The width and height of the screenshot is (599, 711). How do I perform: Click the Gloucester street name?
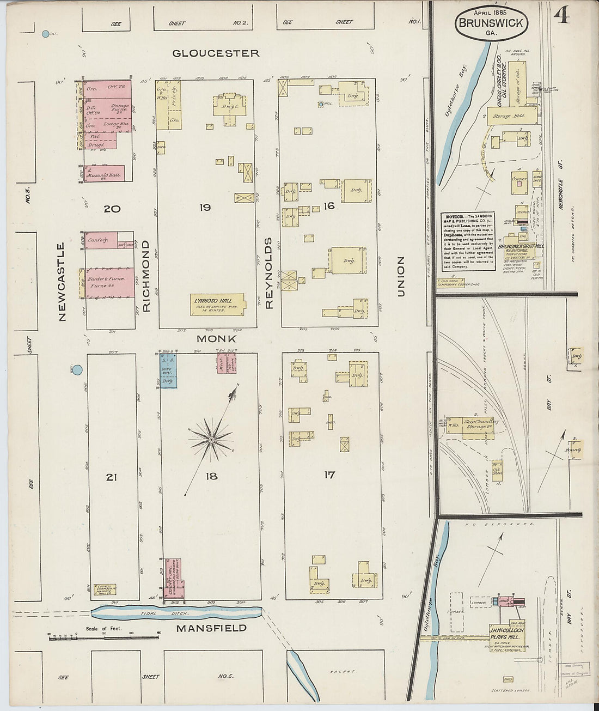(x=216, y=53)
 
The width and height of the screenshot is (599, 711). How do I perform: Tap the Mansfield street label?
(x=211, y=628)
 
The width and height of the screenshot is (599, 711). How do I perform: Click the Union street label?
(x=401, y=277)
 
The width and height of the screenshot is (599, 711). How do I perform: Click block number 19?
(x=205, y=208)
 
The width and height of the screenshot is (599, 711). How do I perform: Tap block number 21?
(x=111, y=477)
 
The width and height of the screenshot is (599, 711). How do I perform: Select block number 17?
(x=329, y=475)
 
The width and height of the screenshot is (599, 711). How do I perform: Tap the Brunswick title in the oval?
(x=491, y=23)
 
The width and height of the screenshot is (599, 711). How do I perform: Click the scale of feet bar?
(x=103, y=636)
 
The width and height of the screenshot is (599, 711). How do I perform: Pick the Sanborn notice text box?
(x=468, y=241)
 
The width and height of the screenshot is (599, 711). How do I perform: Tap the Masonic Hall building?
(x=105, y=173)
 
